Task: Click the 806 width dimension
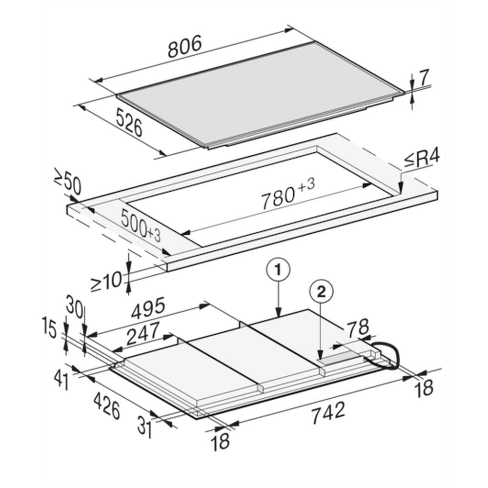click(x=185, y=46)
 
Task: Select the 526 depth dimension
click(x=129, y=122)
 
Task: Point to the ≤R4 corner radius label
click(x=422, y=159)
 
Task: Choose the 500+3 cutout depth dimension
click(x=141, y=225)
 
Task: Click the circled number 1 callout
click(x=278, y=270)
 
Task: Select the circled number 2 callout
click(x=321, y=292)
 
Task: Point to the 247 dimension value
click(x=143, y=333)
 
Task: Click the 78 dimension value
click(x=358, y=328)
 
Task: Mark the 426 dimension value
click(x=107, y=406)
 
